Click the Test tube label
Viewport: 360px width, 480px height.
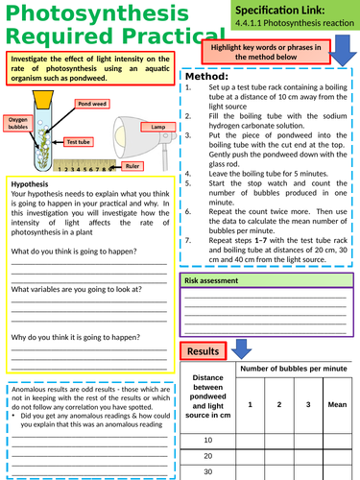click(79, 141)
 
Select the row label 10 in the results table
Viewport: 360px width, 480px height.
click(207, 440)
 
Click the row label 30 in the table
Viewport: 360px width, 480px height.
click(207, 472)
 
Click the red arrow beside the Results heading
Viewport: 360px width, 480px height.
click(243, 351)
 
